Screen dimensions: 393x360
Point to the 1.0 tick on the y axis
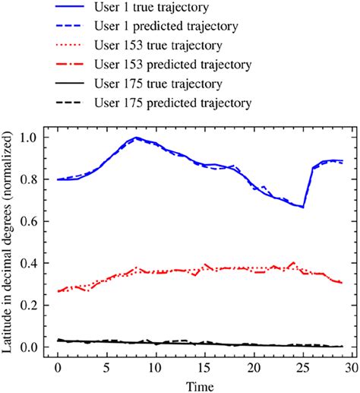coord(33,138)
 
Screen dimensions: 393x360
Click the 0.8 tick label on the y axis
coord(33,179)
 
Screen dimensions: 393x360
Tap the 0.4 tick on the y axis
coord(33,264)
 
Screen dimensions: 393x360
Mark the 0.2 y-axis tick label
coord(33,306)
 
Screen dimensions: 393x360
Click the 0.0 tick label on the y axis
coord(33,347)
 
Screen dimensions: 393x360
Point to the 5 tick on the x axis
coord(106,368)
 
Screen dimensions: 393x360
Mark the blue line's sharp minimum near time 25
coord(303,207)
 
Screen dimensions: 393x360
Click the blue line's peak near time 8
coord(136,138)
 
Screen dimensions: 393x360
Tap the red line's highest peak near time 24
coord(293,262)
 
